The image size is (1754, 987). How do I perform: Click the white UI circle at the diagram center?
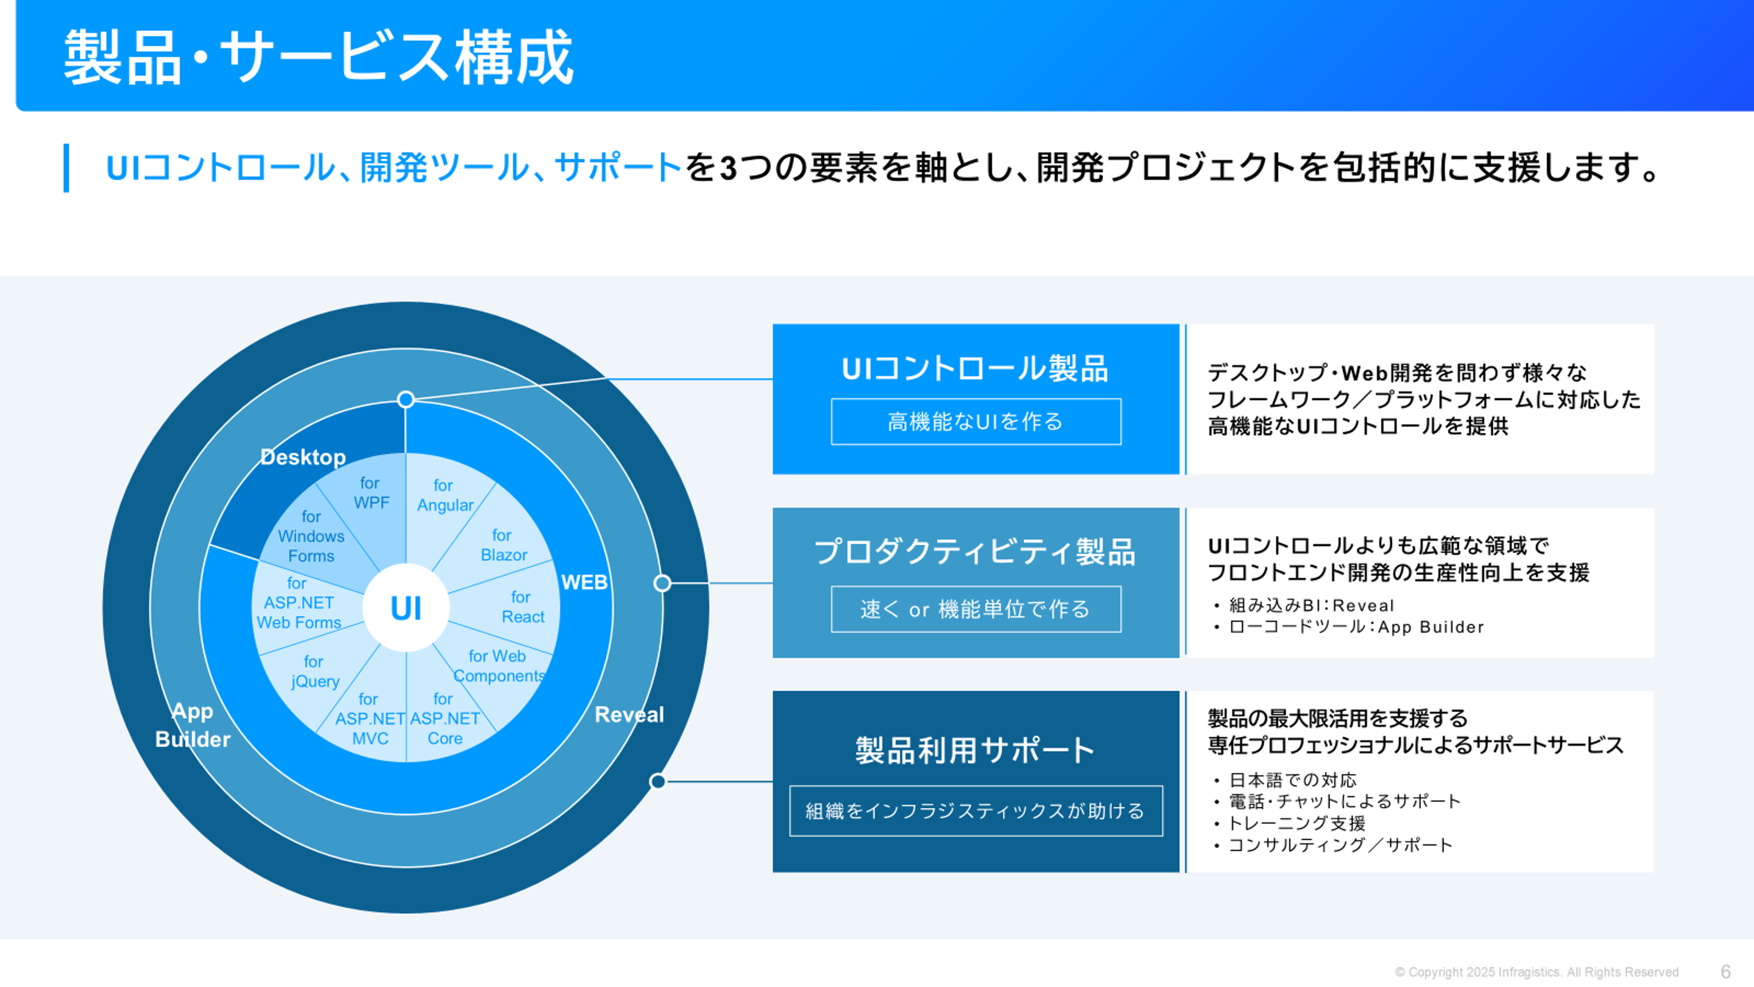(x=406, y=608)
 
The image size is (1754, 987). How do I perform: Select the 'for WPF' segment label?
(x=370, y=493)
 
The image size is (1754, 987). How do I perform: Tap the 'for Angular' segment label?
(x=445, y=495)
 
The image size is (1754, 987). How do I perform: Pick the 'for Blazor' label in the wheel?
(x=503, y=545)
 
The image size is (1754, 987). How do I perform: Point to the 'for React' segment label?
(x=522, y=607)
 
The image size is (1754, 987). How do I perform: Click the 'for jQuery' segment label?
(x=314, y=671)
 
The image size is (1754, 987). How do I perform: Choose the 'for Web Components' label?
(x=499, y=665)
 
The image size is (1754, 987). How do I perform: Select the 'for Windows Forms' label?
(x=311, y=536)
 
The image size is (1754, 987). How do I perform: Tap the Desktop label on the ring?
(x=303, y=457)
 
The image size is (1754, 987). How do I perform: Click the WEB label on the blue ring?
(x=584, y=582)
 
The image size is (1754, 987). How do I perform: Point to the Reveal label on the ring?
(x=628, y=714)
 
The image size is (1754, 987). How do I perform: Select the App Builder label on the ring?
(x=193, y=725)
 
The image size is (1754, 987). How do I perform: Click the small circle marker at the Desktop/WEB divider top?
(x=406, y=399)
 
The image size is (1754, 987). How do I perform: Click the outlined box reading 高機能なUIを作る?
(x=975, y=422)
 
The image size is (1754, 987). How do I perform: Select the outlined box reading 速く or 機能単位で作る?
(x=975, y=609)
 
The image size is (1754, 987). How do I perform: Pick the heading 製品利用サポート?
(x=975, y=750)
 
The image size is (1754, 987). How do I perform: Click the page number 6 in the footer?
(x=1725, y=972)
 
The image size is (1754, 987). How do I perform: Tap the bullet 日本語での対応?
(x=1292, y=780)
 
